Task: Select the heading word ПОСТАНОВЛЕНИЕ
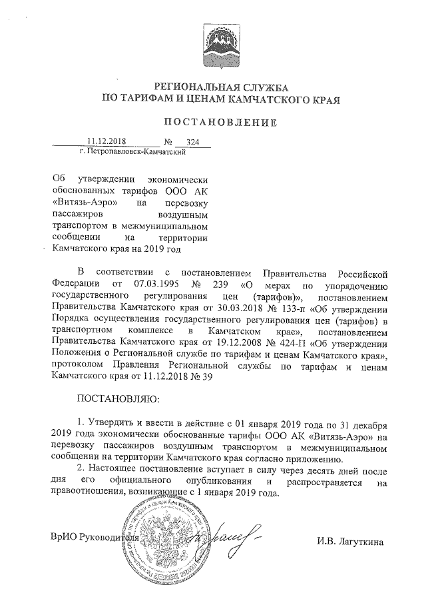(219, 123)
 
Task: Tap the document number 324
(194, 143)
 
